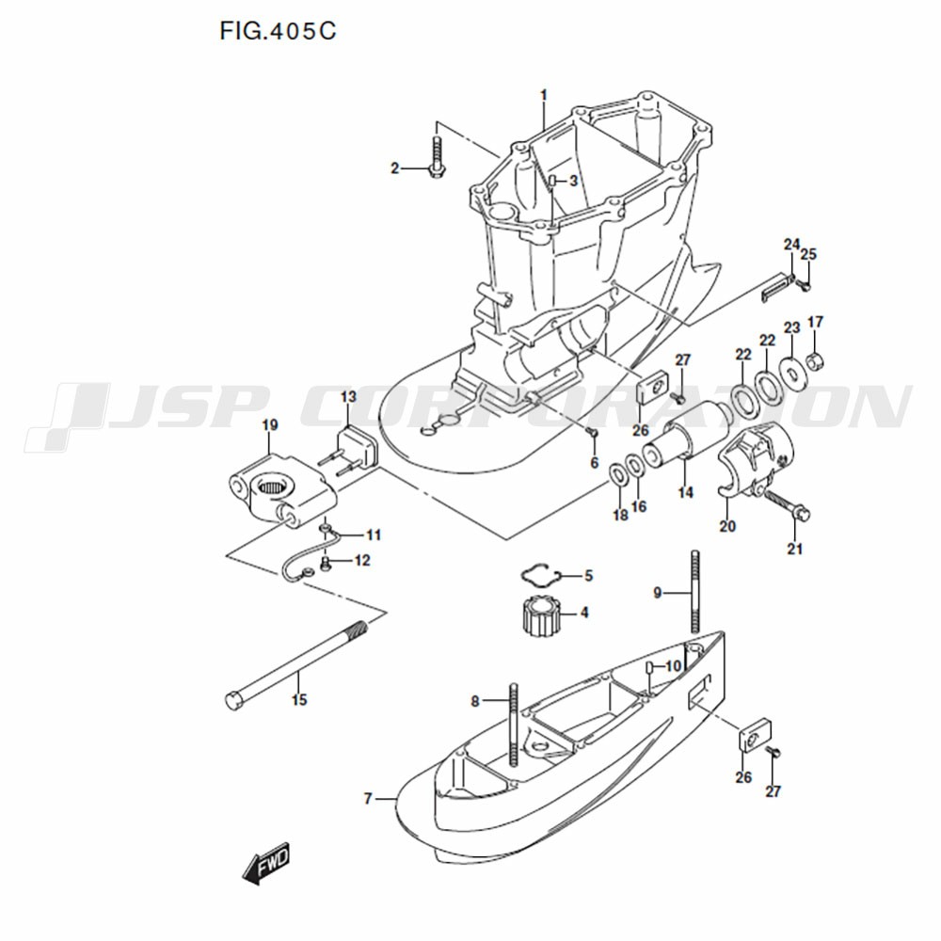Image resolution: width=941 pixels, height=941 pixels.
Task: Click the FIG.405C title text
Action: pos(278,31)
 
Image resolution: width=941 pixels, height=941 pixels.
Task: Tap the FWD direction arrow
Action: pos(266,863)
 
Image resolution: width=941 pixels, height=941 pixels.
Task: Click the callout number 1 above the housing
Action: pos(544,95)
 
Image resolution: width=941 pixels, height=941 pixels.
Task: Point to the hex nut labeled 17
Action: pos(816,360)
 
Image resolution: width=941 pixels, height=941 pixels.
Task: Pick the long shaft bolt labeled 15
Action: pos(298,665)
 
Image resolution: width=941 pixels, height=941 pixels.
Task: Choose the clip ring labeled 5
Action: pos(540,575)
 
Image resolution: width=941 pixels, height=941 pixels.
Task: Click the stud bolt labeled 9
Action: pos(695,591)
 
